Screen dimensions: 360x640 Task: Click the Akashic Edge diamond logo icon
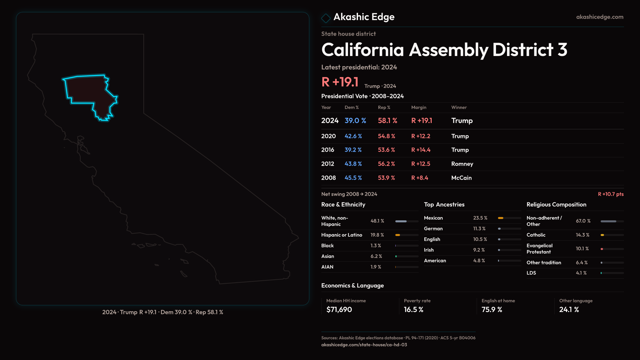coord(326,18)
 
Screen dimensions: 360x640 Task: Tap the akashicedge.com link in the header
coord(599,17)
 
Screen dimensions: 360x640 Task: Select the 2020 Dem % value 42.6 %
coord(353,136)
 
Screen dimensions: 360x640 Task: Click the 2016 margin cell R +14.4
coord(421,150)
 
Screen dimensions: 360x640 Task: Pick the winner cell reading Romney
coord(462,164)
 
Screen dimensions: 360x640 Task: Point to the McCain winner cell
coord(461,178)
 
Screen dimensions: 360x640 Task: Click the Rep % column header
coord(384,107)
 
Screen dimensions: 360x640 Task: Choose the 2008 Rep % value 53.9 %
coord(386,178)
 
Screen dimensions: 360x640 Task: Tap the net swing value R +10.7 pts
coord(610,194)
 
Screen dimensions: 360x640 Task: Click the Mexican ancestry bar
coord(509,218)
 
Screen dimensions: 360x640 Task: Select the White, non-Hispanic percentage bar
coord(406,221)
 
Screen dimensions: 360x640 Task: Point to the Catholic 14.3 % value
coord(582,235)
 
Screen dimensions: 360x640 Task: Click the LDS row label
coord(531,273)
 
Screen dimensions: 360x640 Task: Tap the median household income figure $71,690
coord(339,309)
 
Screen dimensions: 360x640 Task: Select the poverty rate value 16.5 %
coord(413,309)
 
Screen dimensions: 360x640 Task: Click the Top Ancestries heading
coord(444,204)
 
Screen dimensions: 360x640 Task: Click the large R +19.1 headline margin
coord(340,82)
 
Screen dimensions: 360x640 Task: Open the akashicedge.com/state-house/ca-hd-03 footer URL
coord(364,345)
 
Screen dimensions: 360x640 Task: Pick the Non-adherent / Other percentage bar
coord(612,221)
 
